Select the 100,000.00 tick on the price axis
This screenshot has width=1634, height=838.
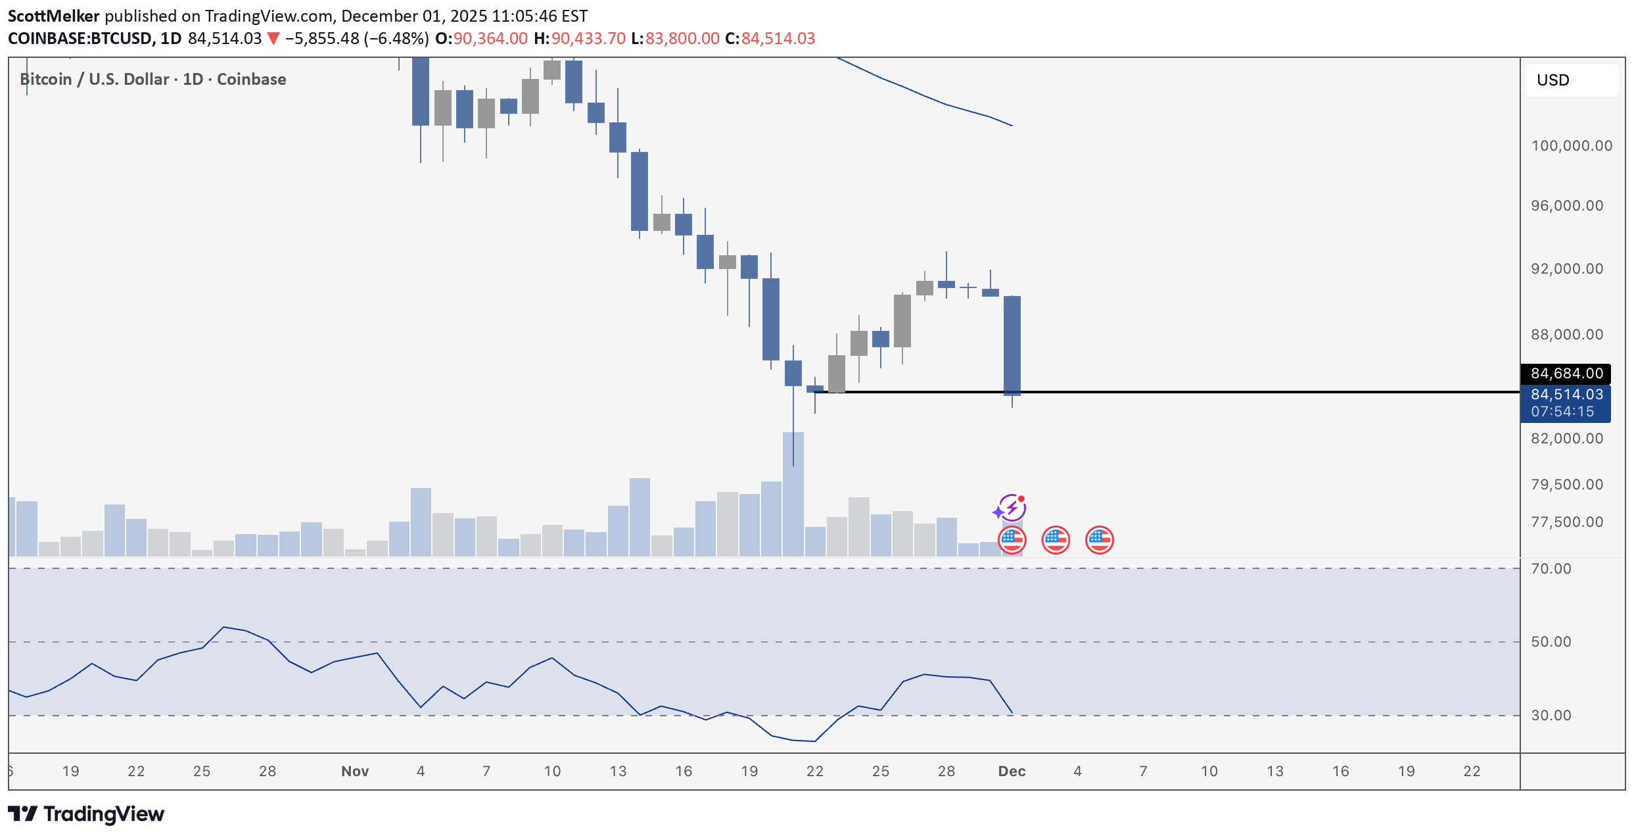(x=1571, y=146)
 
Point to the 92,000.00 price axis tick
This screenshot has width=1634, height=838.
(x=1566, y=269)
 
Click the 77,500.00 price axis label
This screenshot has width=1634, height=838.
(x=1566, y=522)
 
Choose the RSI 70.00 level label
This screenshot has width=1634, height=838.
(x=1551, y=569)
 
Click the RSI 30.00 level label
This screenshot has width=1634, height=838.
(x=1551, y=716)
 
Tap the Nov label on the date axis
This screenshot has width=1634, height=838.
(x=355, y=772)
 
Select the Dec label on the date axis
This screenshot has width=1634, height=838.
(x=1012, y=772)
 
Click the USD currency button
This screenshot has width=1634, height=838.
(x=1571, y=80)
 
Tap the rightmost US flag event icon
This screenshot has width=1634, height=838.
(x=1099, y=541)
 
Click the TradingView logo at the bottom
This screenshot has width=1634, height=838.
(x=86, y=814)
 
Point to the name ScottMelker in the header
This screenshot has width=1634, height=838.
(x=54, y=16)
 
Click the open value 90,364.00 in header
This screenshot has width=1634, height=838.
(x=490, y=39)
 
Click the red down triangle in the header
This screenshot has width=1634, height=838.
(x=273, y=39)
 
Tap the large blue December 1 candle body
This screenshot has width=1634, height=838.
(x=1012, y=345)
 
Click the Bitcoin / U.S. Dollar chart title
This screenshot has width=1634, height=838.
(x=153, y=80)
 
